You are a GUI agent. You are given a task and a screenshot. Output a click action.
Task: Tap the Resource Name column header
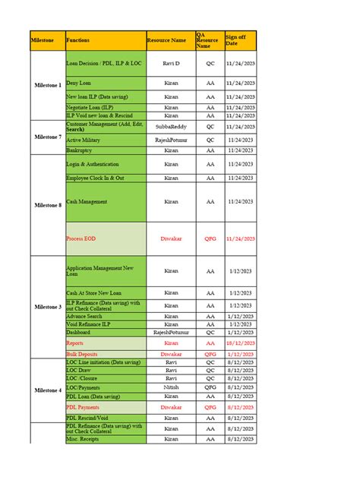tap(171, 40)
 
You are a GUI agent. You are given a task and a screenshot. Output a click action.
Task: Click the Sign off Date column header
tap(239, 40)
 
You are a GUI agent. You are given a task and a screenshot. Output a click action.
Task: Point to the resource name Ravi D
tap(172, 64)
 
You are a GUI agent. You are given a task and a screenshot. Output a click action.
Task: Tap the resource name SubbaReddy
tap(172, 126)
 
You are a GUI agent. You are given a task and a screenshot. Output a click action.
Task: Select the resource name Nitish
tap(172, 387)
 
